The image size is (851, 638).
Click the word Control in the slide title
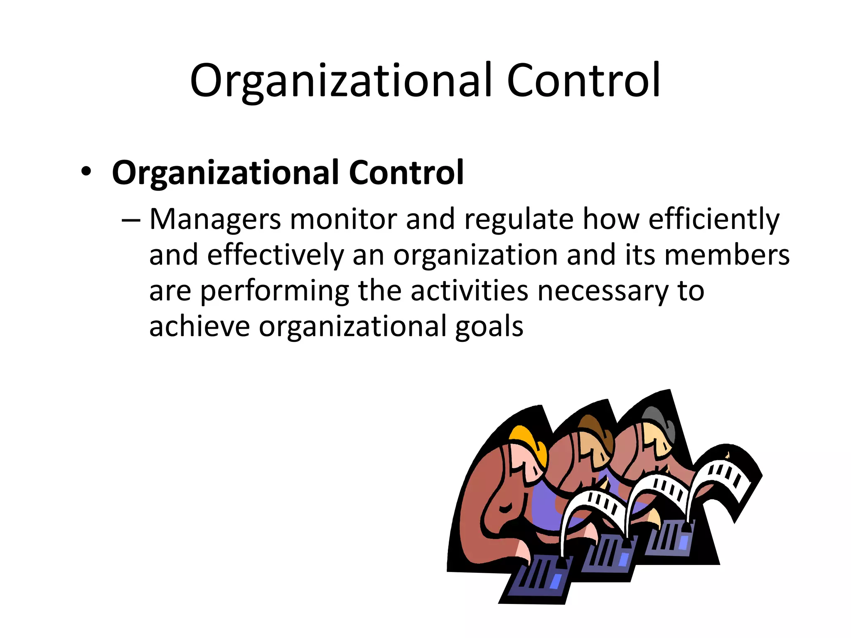point(583,80)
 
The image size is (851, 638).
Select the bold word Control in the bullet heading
point(406,172)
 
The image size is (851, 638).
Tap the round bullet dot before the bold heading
point(86,172)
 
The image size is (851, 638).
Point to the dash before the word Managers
point(131,219)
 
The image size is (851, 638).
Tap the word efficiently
point(714,219)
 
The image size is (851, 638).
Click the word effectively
point(275,255)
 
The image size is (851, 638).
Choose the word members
point(727,255)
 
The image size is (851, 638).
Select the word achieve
point(199,326)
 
